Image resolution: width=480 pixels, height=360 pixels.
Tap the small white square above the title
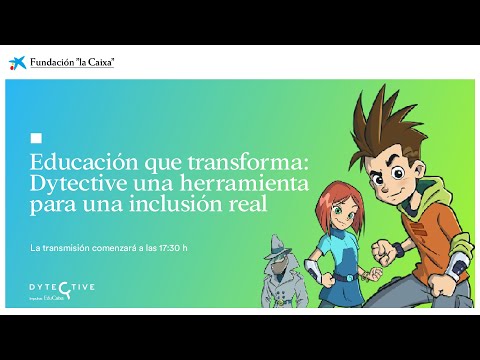point(37,138)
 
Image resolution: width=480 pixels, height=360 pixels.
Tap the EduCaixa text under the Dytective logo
point(62,297)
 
